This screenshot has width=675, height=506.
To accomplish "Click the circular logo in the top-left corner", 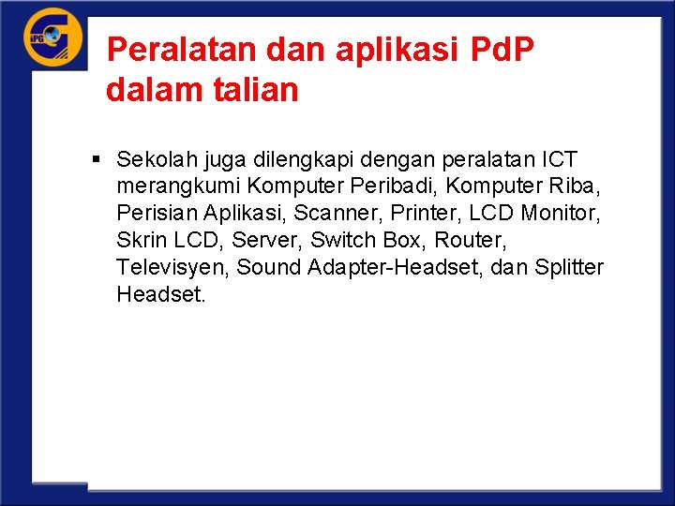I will [x=52, y=37].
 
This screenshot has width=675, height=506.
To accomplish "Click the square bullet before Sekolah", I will [x=97, y=159].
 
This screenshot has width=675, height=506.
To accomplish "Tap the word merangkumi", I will [x=178, y=186].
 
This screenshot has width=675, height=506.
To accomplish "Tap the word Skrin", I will [x=142, y=241].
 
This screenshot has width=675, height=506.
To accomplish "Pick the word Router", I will [x=468, y=241].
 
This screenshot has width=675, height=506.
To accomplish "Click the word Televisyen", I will [x=172, y=268].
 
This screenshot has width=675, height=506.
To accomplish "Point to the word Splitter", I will [x=569, y=268].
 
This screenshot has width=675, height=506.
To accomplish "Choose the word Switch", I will [x=342, y=241].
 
